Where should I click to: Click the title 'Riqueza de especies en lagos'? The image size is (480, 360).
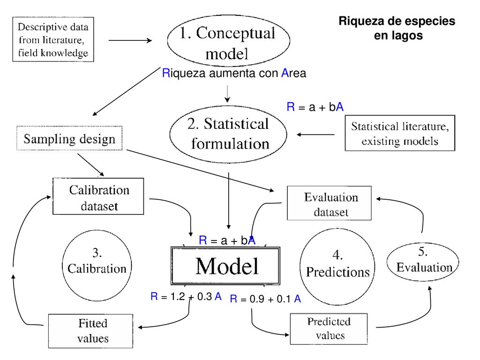(x=397, y=28)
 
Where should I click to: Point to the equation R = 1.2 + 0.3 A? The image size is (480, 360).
(x=186, y=296)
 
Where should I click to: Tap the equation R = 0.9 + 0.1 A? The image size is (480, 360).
(x=265, y=299)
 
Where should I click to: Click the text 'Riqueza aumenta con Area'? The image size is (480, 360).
(x=234, y=73)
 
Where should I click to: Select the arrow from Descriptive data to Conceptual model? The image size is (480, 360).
(x=130, y=40)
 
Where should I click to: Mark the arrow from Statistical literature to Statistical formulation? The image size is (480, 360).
(x=315, y=135)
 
